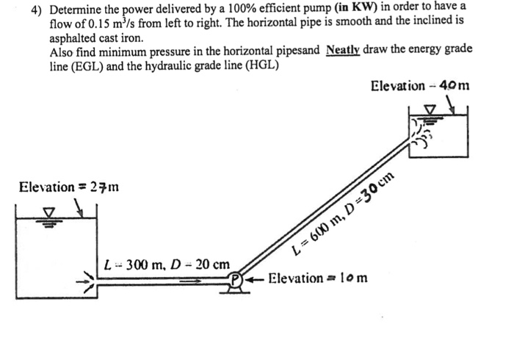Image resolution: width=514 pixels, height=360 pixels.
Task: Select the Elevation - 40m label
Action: tap(420, 87)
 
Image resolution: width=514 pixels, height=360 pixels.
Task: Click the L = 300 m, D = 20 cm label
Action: tap(168, 263)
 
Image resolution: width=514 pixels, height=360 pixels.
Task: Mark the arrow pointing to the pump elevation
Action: tap(256, 279)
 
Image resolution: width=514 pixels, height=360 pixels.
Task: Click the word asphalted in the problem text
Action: tap(73, 37)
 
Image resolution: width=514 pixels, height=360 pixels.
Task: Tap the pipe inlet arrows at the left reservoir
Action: tap(90, 279)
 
